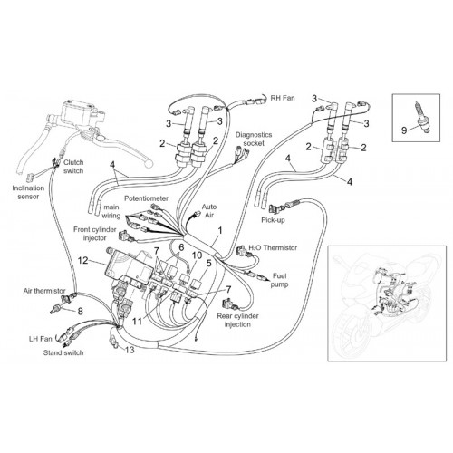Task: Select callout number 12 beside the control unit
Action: (83, 260)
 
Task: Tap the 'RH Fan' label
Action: (283, 98)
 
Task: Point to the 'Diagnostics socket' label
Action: (254, 139)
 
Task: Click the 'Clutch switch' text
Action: (73, 167)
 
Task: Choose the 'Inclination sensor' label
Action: (28, 192)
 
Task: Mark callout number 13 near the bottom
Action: (130, 350)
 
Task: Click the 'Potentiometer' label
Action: (147, 198)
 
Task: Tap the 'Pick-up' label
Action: (273, 220)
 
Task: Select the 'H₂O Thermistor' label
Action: (273, 248)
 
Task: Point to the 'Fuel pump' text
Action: (279, 280)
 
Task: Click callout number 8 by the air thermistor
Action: (80, 311)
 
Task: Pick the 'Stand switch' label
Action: (63, 352)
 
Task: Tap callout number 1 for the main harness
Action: (220, 231)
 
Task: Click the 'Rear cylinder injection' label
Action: (237, 321)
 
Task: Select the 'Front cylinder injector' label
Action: (94, 234)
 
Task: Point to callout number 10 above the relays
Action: (197, 255)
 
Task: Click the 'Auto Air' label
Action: (209, 211)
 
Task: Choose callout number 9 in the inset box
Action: (404, 130)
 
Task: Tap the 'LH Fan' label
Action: (41, 339)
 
